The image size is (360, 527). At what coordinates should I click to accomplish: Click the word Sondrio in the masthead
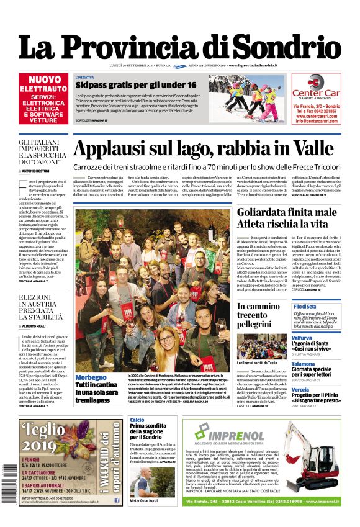[x=292, y=46]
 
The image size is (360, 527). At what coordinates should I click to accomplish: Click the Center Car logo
[x=316, y=88]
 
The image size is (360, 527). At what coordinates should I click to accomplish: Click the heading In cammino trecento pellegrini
[x=261, y=316]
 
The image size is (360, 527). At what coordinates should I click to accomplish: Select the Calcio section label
[x=137, y=420]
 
